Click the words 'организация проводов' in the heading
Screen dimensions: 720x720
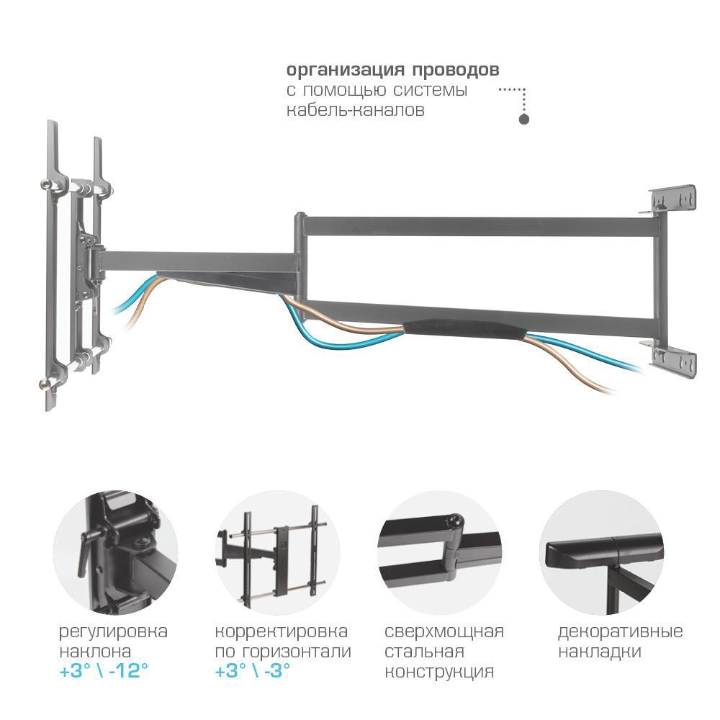pos(392,71)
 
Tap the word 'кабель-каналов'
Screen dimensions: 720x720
pos(356,110)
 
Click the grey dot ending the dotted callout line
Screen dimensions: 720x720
pos(524,120)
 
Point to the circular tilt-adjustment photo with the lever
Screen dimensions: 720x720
pos(115,552)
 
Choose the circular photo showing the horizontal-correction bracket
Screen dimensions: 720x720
pos(277,552)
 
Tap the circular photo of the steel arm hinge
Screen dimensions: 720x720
pos(439,552)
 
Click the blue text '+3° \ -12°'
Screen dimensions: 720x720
pos(104,671)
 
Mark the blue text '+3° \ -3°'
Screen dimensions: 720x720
pos(253,671)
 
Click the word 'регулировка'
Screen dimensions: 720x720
pos(114,632)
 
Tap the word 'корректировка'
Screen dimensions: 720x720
pos(282,632)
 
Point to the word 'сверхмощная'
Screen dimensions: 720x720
pos(444,631)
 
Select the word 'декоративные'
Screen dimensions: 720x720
pos(621,632)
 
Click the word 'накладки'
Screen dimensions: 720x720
pos(600,652)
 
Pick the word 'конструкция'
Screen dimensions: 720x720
pos(439,672)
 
